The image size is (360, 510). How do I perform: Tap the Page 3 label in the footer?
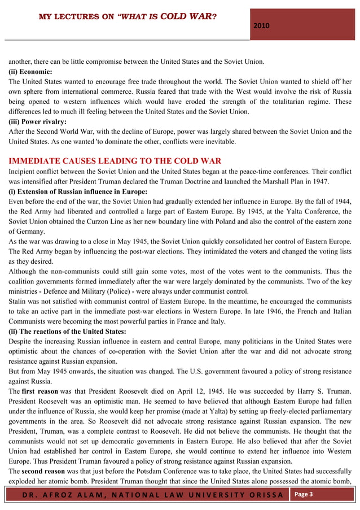point(304,494)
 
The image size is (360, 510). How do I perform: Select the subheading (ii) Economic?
point(30,72)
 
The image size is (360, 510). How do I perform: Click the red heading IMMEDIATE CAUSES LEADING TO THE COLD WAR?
point(115,161)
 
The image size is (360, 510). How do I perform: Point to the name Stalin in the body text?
point(17,301)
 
